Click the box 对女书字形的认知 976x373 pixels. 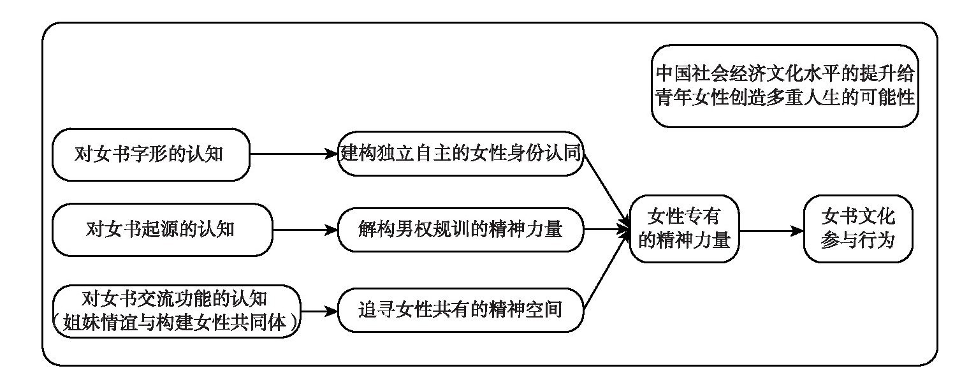150,154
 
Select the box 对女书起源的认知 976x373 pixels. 161,230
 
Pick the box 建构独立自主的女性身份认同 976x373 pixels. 461,154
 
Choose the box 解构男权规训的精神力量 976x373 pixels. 461,230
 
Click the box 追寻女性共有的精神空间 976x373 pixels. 461,311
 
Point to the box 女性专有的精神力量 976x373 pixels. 683,230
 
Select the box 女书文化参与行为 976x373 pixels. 857,230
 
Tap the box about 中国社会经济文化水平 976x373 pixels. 785,85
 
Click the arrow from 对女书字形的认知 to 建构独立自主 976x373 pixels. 294,154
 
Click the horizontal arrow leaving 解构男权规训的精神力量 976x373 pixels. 606,230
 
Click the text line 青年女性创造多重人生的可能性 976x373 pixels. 785,98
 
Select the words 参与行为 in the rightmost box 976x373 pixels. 857,242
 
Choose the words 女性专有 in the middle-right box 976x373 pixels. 683,216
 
